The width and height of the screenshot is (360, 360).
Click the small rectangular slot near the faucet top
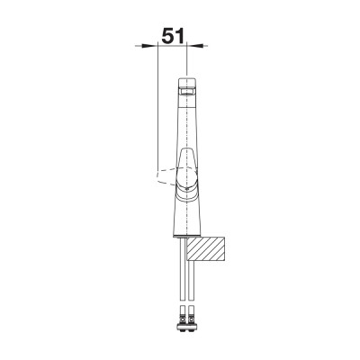(186, 91)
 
